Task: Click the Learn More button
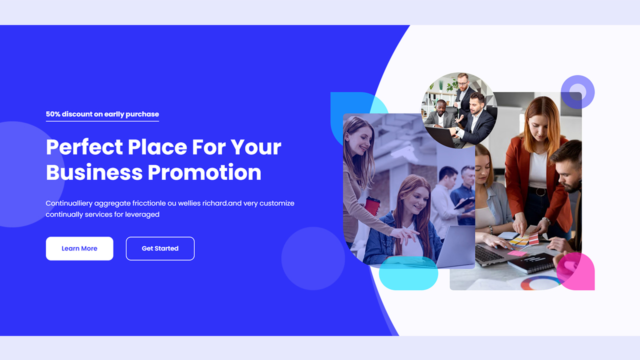79,248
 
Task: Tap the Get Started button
160,248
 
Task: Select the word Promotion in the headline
204,172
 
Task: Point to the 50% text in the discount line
52,114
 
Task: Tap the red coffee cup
372,205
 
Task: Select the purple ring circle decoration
577,92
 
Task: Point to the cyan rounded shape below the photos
408,274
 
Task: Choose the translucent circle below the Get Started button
313,258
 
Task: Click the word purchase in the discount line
142,114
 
